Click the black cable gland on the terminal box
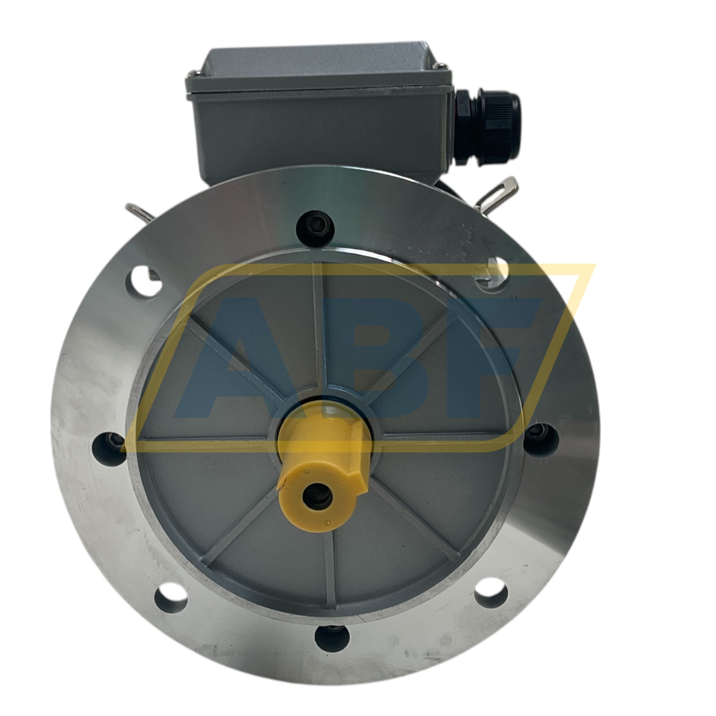[x=486, y=126]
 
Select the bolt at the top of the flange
[x=315, y=226]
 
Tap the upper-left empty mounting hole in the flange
[x=144, y=281]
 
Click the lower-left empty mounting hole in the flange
[x=171, y=600]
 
